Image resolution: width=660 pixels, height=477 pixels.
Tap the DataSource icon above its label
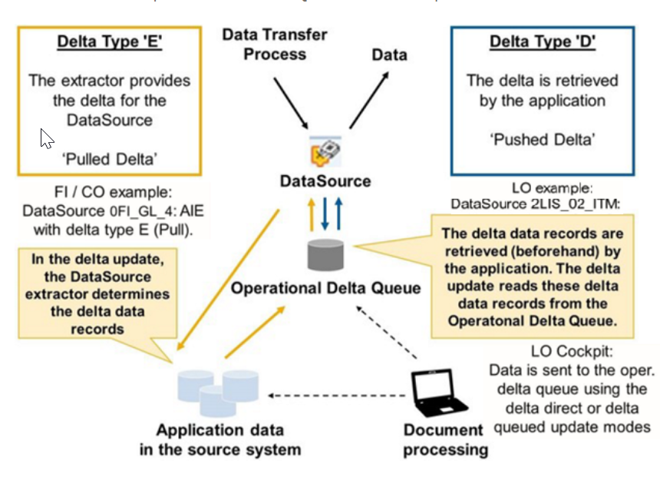point(325,151)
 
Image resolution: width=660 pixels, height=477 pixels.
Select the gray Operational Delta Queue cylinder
point(325,253)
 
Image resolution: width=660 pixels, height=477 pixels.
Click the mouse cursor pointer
point(47,139)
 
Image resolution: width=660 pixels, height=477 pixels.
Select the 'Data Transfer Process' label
point(275,45)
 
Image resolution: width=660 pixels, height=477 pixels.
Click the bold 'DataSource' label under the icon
point(325,182)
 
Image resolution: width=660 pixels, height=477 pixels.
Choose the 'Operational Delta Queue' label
point(326,289)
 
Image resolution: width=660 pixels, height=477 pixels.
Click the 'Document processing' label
point(445,439)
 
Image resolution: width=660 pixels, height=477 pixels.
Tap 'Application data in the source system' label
point(219,439)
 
